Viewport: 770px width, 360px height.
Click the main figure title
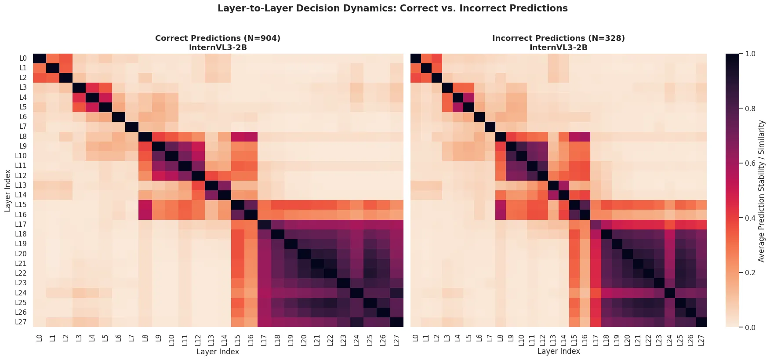(392, 8)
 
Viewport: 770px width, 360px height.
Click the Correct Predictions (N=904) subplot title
(218, 38)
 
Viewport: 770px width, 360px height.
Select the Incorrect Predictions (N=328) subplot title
(558, 38)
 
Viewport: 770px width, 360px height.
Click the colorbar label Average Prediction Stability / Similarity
(762, 191)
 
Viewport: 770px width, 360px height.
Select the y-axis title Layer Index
(8, 191)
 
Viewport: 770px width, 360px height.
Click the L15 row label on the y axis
(23, 205)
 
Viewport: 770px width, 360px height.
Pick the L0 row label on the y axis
(23, 58)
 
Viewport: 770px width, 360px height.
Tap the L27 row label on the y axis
(23, 322)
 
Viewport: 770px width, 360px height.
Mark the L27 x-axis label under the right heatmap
(701, 339)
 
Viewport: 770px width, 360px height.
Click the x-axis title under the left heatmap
(218, 352)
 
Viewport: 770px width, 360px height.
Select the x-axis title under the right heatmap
(559, 352)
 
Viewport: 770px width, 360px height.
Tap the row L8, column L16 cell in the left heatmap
(251, 137)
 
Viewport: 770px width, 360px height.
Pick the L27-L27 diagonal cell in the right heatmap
(701, 322)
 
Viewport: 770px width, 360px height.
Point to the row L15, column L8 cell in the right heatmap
(500, 205)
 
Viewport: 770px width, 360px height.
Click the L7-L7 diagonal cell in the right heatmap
(490, 127)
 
